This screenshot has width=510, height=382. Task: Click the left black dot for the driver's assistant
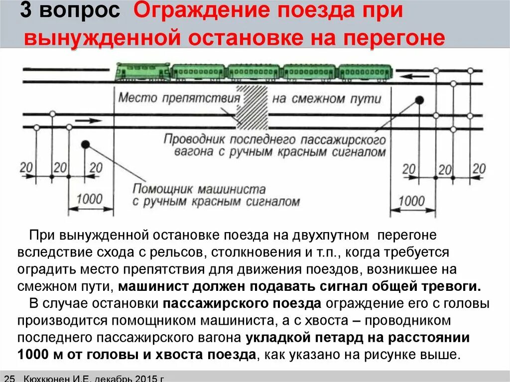tap(85, 144)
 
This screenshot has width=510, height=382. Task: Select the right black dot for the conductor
tap(419, 100)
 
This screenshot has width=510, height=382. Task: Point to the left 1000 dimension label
tap(89, 199)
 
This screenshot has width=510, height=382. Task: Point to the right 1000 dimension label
tap(412, 201)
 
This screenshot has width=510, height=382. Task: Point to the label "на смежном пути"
tap(327, 98)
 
